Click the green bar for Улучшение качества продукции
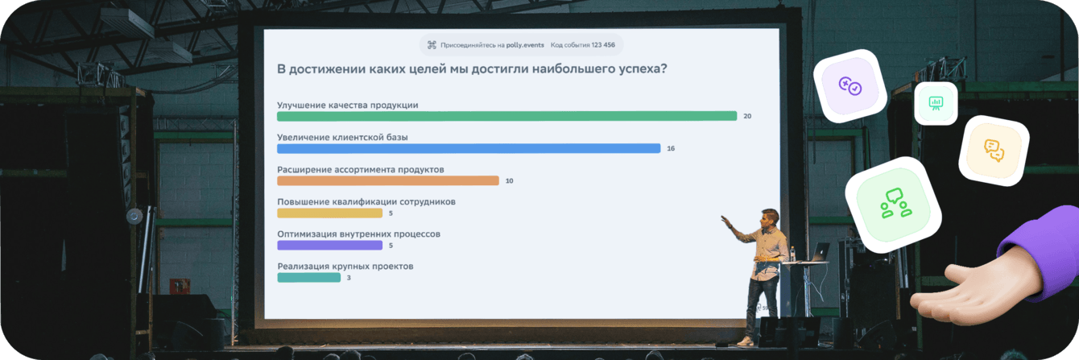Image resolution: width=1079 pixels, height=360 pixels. pos(506,116)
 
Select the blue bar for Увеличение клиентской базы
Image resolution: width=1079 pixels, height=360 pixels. pos(469,148)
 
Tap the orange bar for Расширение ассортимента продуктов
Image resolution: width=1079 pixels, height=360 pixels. pos(387,180)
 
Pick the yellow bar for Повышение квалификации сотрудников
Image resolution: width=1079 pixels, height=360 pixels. pos(329,213)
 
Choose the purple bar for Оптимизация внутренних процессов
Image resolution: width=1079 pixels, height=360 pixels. pos(329,246)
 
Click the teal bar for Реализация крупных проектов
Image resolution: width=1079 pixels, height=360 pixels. pos(308,278)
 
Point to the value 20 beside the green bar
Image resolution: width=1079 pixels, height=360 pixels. pos(747,117)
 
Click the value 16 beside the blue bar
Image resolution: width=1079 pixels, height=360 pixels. pos(671,149)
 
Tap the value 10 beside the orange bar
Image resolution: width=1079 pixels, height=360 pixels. pos(509,181)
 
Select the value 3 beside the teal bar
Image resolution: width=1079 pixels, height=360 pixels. pos(349,278)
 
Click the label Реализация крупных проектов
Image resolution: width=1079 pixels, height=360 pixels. pos(345,266)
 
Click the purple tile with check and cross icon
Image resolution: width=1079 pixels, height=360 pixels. pos(850,85)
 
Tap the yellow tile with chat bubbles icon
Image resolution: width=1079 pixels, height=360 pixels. pos(994,150)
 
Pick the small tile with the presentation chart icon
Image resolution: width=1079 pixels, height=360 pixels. pos(936,103)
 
